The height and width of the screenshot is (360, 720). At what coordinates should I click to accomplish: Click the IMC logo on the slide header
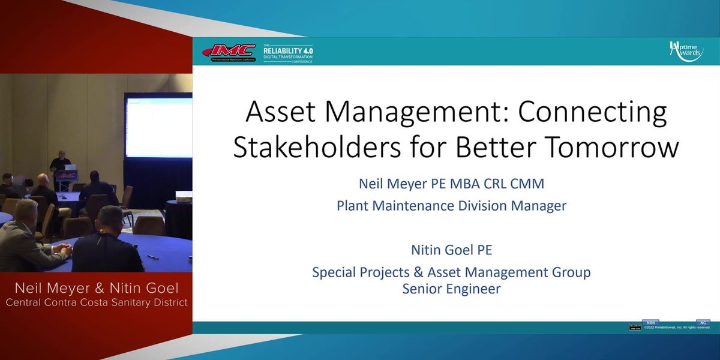click(x=229, y=52)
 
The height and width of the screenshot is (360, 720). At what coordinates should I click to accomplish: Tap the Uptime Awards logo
click(x=686, y=52)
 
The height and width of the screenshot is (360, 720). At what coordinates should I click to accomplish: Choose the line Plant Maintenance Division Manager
click(x=451, y=206)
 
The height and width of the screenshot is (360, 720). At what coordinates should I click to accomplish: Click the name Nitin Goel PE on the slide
click(x=451, y=249)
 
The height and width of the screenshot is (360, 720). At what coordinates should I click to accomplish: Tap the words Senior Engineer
click(x=451, y=289)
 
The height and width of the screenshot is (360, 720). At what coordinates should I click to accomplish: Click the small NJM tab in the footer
click(x=650, y=323)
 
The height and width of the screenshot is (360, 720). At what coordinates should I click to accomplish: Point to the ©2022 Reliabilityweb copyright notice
click(x=677, y=328)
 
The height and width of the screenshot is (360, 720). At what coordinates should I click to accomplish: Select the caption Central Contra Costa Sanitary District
click(x=96, y=302)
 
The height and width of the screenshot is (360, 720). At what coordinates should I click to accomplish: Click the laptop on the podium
click(x=70, y=167)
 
